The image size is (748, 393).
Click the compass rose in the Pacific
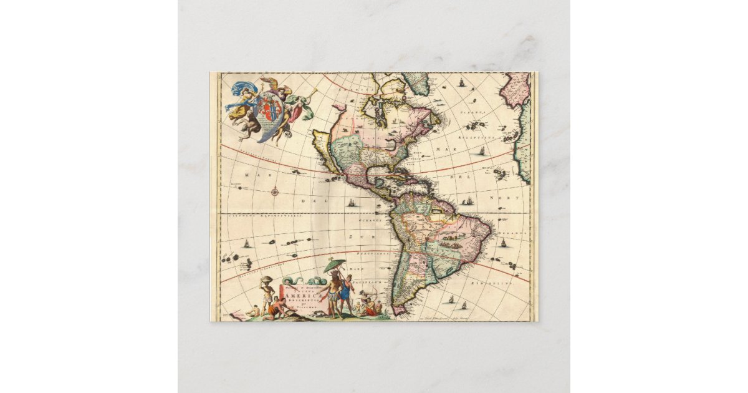pyautogui.click(x=275, y=191)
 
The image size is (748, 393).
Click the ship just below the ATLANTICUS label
pyautogui.click(x=481, y=150)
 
